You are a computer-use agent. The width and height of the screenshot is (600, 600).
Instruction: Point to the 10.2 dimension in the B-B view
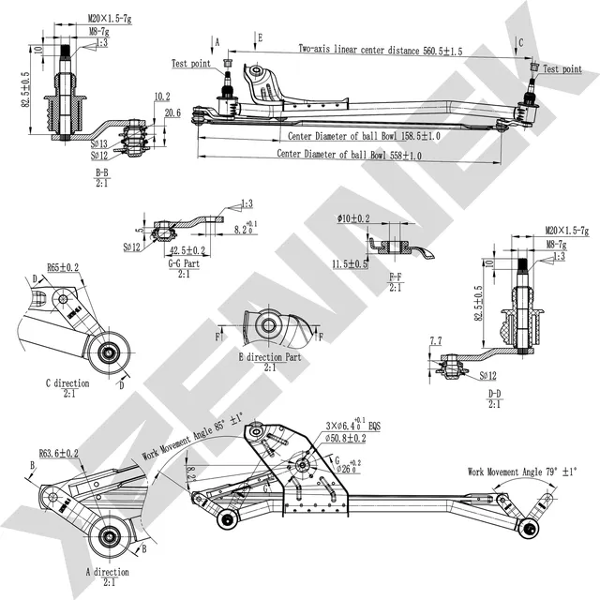click(x=160, y=97)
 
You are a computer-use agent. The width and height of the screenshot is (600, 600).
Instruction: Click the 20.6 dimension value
click(x=172, y=113)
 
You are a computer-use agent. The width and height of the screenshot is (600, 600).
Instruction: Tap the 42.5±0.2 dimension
click(x=188, y=251)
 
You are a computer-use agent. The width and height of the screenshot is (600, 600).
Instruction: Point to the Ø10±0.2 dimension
click(x=354, y=218)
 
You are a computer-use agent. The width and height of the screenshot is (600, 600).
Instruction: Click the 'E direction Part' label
click(x=269, y=357)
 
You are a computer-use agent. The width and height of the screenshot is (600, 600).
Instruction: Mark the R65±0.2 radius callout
click(x=63, y=268)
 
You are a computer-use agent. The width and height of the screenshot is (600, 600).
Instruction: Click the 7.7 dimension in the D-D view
click(x=435, y=340)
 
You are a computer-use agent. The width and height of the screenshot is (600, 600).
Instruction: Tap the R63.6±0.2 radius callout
click(x=58, y=452)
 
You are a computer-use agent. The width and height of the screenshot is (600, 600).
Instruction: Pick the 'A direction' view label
click(x=107, y=571)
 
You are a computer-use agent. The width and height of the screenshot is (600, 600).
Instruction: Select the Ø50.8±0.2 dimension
click(x=348, y=437)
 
